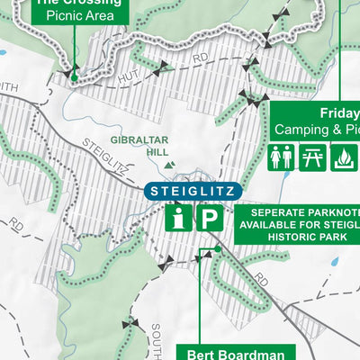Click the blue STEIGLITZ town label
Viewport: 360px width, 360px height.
[193, 191]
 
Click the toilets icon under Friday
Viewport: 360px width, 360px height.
[280, 157]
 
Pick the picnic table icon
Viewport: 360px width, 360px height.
[311, 157]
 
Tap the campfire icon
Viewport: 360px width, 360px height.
[343, 157]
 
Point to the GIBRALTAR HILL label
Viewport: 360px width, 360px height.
[139, 147]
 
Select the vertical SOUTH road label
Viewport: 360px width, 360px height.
[157, 338]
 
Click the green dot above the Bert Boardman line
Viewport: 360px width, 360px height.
[217, 250]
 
